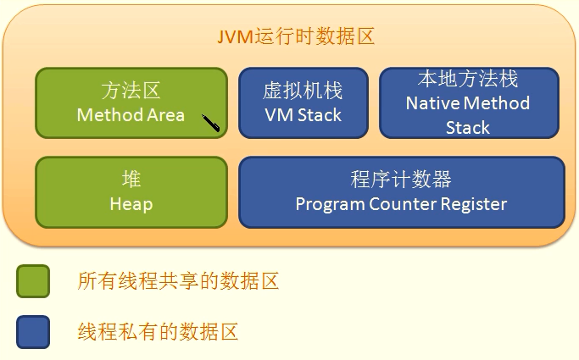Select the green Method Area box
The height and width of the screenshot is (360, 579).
131,102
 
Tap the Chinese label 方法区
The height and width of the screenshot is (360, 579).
131,91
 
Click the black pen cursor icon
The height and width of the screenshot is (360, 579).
211,124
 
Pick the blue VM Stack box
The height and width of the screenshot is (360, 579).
303,102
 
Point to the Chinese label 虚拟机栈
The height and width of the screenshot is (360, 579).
303,91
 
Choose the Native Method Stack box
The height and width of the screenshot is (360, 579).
468,102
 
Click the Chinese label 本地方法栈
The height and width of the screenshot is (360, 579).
468,80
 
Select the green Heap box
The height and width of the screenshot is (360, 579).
131,192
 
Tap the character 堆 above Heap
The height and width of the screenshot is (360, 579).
131,180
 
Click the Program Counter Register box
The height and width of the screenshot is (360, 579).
401,192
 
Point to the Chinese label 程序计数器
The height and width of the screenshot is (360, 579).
401,180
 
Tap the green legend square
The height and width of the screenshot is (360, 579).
33,281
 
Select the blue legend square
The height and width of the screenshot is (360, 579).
33,331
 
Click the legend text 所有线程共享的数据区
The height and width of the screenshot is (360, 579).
178,281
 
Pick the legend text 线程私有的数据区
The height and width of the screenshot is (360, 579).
158,331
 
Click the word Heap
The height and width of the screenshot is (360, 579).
131,205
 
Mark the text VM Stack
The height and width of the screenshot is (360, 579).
303,115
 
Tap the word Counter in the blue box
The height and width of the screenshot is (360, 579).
404,205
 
